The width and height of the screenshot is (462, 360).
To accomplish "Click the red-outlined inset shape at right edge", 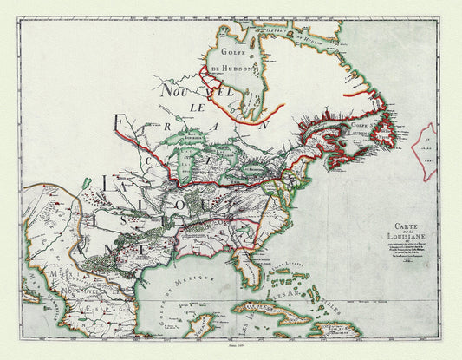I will (x=428, y=152).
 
